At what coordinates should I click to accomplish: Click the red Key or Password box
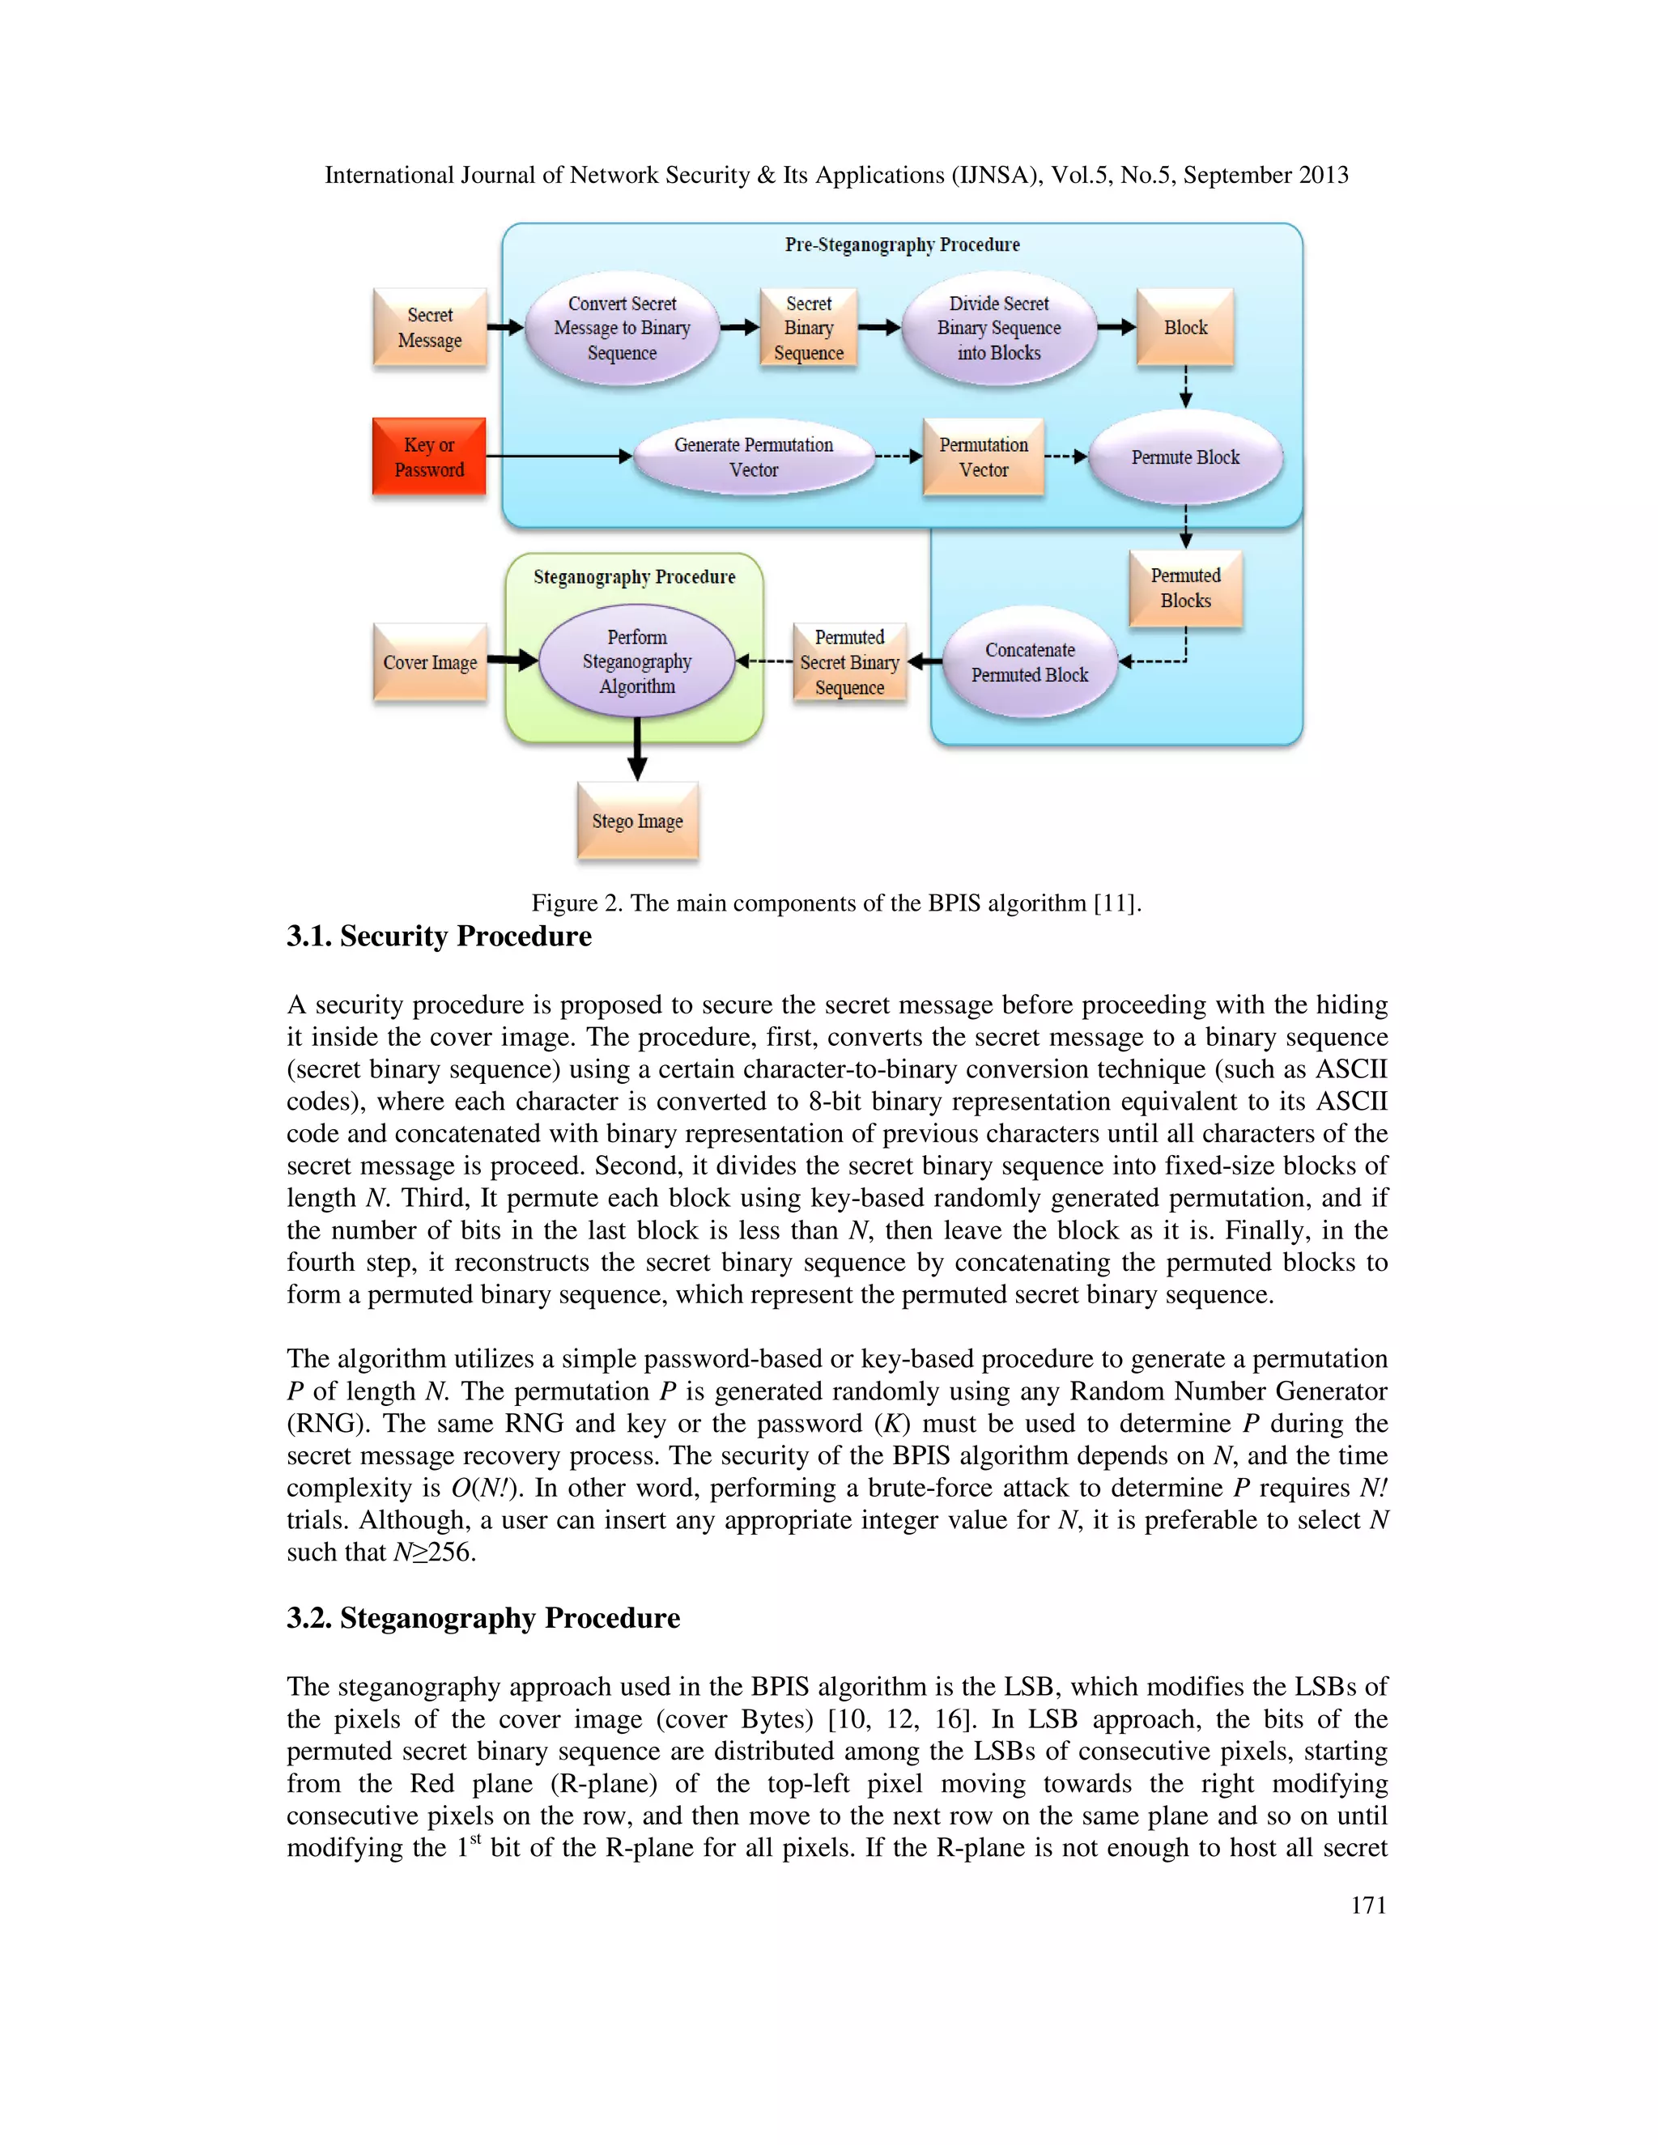[x=429, y=457]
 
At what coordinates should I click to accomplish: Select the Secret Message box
[x=429, y=328]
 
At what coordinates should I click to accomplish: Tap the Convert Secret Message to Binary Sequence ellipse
[x=622, y=328]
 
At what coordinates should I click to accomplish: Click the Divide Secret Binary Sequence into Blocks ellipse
[x=998, y=328]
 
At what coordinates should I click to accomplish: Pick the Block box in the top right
[x=1184, y=328]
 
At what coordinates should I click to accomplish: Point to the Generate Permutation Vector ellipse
[x=754, y=457]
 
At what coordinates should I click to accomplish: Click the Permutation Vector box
[x=983, y=457]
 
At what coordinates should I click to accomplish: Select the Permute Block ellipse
[x=1184, y=457]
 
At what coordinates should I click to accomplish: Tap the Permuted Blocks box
[x=1185, y=588]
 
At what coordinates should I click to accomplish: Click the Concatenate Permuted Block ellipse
[x=1030, y=662]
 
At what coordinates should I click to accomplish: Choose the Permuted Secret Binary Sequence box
[x=848, y=662]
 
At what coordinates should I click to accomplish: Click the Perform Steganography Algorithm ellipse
[x=636, y=661]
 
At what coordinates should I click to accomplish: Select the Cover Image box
[x=429, y=662]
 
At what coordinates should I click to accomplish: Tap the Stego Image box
[x=636, y=821]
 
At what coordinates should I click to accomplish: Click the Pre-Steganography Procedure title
[x=902, y=244]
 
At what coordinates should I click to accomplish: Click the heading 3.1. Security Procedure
[x=439, y=936]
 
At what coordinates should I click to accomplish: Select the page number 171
[x=1367, y=1905]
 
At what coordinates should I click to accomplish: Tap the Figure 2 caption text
[x=835, y=903]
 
